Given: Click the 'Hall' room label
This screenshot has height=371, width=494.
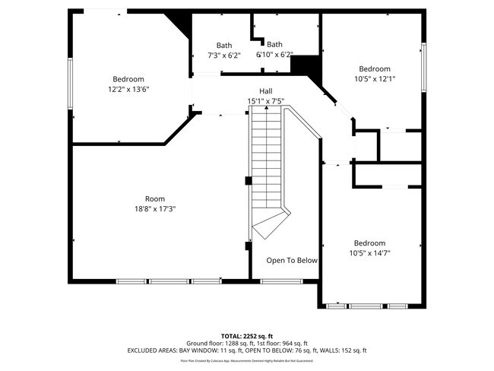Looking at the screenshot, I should pos(266,91).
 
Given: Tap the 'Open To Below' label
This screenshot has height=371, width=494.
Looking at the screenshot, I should pos(292,261).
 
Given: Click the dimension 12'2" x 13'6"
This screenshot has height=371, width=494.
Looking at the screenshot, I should pos(128,89).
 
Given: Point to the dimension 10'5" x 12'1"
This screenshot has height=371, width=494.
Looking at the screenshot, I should pos(374,78).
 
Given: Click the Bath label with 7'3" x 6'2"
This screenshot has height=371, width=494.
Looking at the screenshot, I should pos(224,45).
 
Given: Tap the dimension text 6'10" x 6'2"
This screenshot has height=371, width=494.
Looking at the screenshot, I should pos(274,55).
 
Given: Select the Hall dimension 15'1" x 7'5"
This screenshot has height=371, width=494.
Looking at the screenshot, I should pos(266,101).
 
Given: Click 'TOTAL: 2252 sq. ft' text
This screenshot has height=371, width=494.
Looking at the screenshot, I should pos(247,335).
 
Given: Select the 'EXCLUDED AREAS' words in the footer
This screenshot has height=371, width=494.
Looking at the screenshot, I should pos(151,350).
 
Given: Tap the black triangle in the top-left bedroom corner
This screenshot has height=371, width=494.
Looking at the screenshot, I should pos(181,21).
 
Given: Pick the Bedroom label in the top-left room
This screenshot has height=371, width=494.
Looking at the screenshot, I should pos(128,79).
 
